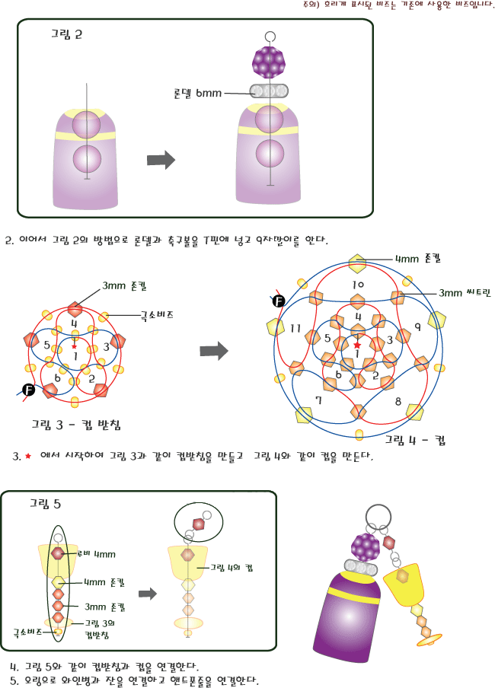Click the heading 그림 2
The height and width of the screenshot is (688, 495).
coord(67,33)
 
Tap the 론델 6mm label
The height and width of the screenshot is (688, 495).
coord(197,93)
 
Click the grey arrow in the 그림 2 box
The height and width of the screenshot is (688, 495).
coord(161,160)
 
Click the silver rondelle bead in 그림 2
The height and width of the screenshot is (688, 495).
coord(269,91)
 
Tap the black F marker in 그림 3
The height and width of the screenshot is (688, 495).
coord(29,390)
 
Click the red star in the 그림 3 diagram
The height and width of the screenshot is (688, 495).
coord(74,346)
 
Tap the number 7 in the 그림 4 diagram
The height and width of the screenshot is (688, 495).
coord(318,399)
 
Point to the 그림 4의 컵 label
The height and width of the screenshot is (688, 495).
coord(228,567)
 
